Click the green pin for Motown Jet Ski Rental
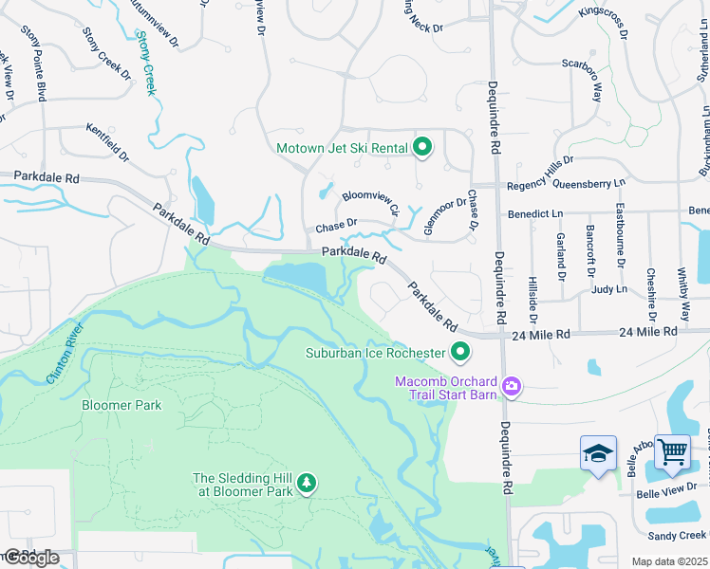click(423, 147)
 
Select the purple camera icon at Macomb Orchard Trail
click(513, 385)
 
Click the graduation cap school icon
click(599, 454)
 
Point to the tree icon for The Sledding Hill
click(306, 484)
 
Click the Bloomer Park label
click(121, 405)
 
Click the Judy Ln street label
click(608, 289)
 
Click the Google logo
click(30, 557)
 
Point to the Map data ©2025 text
click(669, 561)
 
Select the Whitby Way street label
click(684, 293)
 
